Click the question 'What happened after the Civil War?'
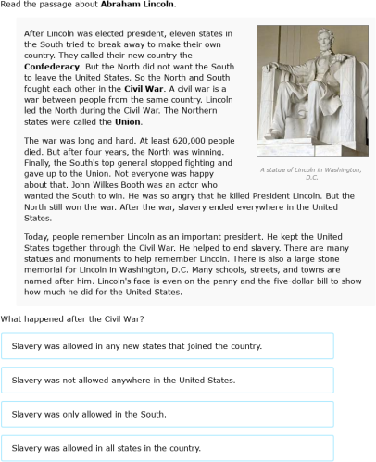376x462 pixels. click(x=71, y=318)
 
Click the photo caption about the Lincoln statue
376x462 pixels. click(x=310, y=173)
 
